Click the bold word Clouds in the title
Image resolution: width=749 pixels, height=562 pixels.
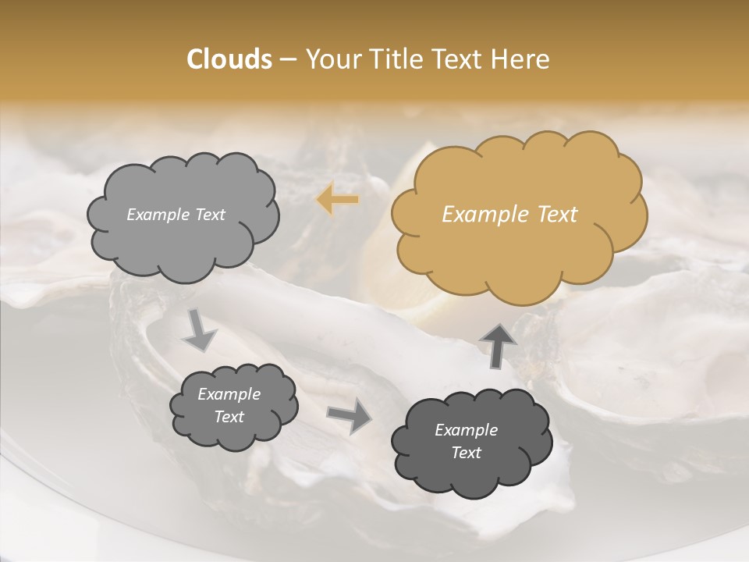click(229, 59)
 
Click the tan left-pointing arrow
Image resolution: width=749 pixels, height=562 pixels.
click(338, 200)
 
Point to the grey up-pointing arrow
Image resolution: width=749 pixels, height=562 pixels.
click(498, 345)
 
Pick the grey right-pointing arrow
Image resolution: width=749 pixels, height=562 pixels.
click(350, 415)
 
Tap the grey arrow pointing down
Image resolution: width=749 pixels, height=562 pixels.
click(200, 329)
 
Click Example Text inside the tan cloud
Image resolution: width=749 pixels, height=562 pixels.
click(509, 215)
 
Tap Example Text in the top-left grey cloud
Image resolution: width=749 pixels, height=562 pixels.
click(176, 215)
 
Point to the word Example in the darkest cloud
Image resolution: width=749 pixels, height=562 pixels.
click(466, 430)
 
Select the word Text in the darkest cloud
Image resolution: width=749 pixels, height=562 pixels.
click(466, 453)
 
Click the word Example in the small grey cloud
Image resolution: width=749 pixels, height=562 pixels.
click(229, 394)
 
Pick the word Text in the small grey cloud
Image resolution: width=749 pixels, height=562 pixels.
click(229, 417)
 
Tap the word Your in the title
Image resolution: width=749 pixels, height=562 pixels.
click(330, 59)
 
